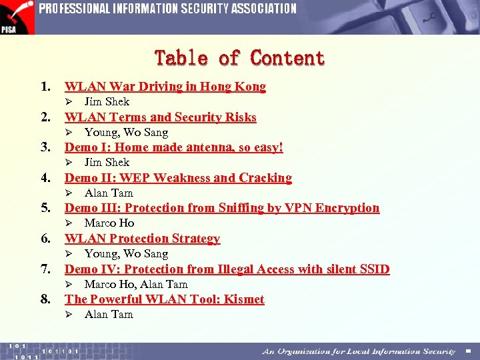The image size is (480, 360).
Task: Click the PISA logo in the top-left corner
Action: click(x=17, y=17)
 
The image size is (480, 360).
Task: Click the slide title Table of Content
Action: click(x=239, y=59)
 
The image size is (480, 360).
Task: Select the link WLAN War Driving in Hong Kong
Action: click(x=165, y=87)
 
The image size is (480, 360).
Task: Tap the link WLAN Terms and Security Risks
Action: click(x=160, y=117)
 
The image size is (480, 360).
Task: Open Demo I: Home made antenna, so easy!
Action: click(x=173, y=147)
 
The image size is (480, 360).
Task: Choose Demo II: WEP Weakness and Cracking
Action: click(x=178, y=178)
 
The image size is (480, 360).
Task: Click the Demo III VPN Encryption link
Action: click(x=221, y=208)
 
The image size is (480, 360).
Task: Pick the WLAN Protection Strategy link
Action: click(x=142, y=239)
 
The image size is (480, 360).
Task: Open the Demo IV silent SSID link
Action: click(x=227, y=269)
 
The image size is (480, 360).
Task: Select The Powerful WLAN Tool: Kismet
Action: click(x=164, y=299)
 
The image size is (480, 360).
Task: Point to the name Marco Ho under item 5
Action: click(x=109, y=223)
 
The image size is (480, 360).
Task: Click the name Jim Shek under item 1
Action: click(x=107, y=102)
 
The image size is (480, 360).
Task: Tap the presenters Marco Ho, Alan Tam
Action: click(x=136, y=285)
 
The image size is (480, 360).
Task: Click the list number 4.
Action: click(x=46, y=178)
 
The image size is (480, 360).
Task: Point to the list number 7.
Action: click(x=46, y=269)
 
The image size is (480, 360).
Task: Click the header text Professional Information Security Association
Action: click(x=167, y=9)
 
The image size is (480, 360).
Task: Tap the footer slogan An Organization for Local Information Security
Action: click(x=359, y=351)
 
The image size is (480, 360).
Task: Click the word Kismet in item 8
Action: click(x=244, y=299)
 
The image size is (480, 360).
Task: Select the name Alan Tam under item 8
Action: click(x=109, y=315)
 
